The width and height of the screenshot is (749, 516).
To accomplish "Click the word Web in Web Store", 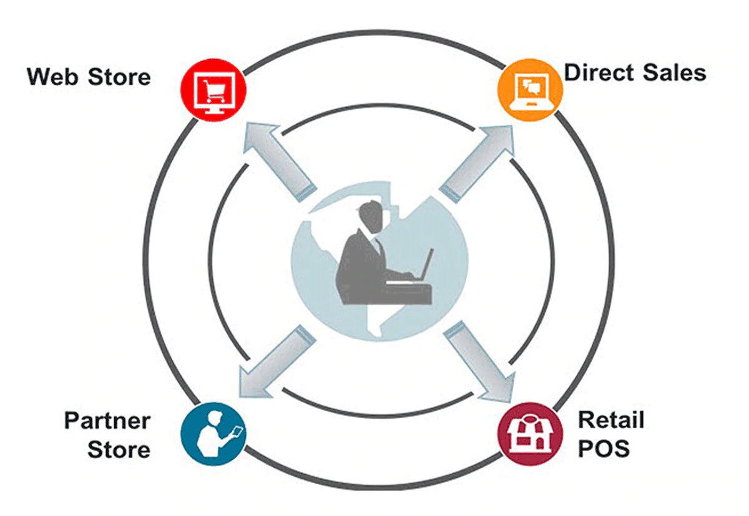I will (x=52, y=77).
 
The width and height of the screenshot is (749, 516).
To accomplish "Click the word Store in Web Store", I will (x=119, y=77).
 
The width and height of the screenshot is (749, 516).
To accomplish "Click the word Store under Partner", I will (x=119, y=449).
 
